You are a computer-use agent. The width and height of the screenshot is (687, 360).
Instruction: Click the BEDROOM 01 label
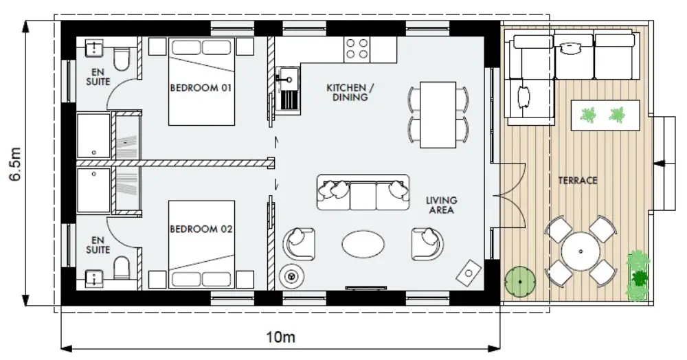[x=201, y=87]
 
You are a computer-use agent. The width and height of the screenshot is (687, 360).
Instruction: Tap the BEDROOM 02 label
[x=201, y=229]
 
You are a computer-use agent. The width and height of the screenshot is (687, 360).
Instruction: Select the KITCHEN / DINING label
[x=350, y=93]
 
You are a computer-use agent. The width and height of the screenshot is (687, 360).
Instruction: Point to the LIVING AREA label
[x=441, y=205]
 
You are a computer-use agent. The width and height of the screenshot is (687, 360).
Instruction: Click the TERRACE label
[x=578, y=181]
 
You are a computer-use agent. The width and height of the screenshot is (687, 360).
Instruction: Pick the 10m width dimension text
[x=281, y=337]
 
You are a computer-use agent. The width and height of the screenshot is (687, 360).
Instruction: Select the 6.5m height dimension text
[x=16, y=164]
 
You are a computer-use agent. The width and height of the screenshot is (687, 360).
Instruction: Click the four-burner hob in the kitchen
[x=357, y=49]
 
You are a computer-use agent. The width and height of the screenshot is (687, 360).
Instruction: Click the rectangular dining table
[x=438, y=115]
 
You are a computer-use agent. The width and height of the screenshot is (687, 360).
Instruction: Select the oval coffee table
[x=363, y=245]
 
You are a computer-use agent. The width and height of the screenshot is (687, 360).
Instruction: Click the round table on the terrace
[x=581, y=252]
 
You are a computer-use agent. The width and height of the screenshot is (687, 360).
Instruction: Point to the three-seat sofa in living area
[x=363, y=192]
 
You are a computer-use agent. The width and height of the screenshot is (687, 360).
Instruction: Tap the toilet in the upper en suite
[x=122, y=59]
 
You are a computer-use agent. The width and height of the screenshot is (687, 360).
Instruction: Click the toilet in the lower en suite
[x=122, y=267]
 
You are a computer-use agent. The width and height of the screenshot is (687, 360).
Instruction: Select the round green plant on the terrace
[x=520, y=282]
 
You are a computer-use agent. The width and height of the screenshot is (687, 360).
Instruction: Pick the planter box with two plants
[x=605, y=115]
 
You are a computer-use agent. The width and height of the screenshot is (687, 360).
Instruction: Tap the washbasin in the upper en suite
[x=94, y=47]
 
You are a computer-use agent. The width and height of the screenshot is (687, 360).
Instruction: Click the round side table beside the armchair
[x=291, y=276]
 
